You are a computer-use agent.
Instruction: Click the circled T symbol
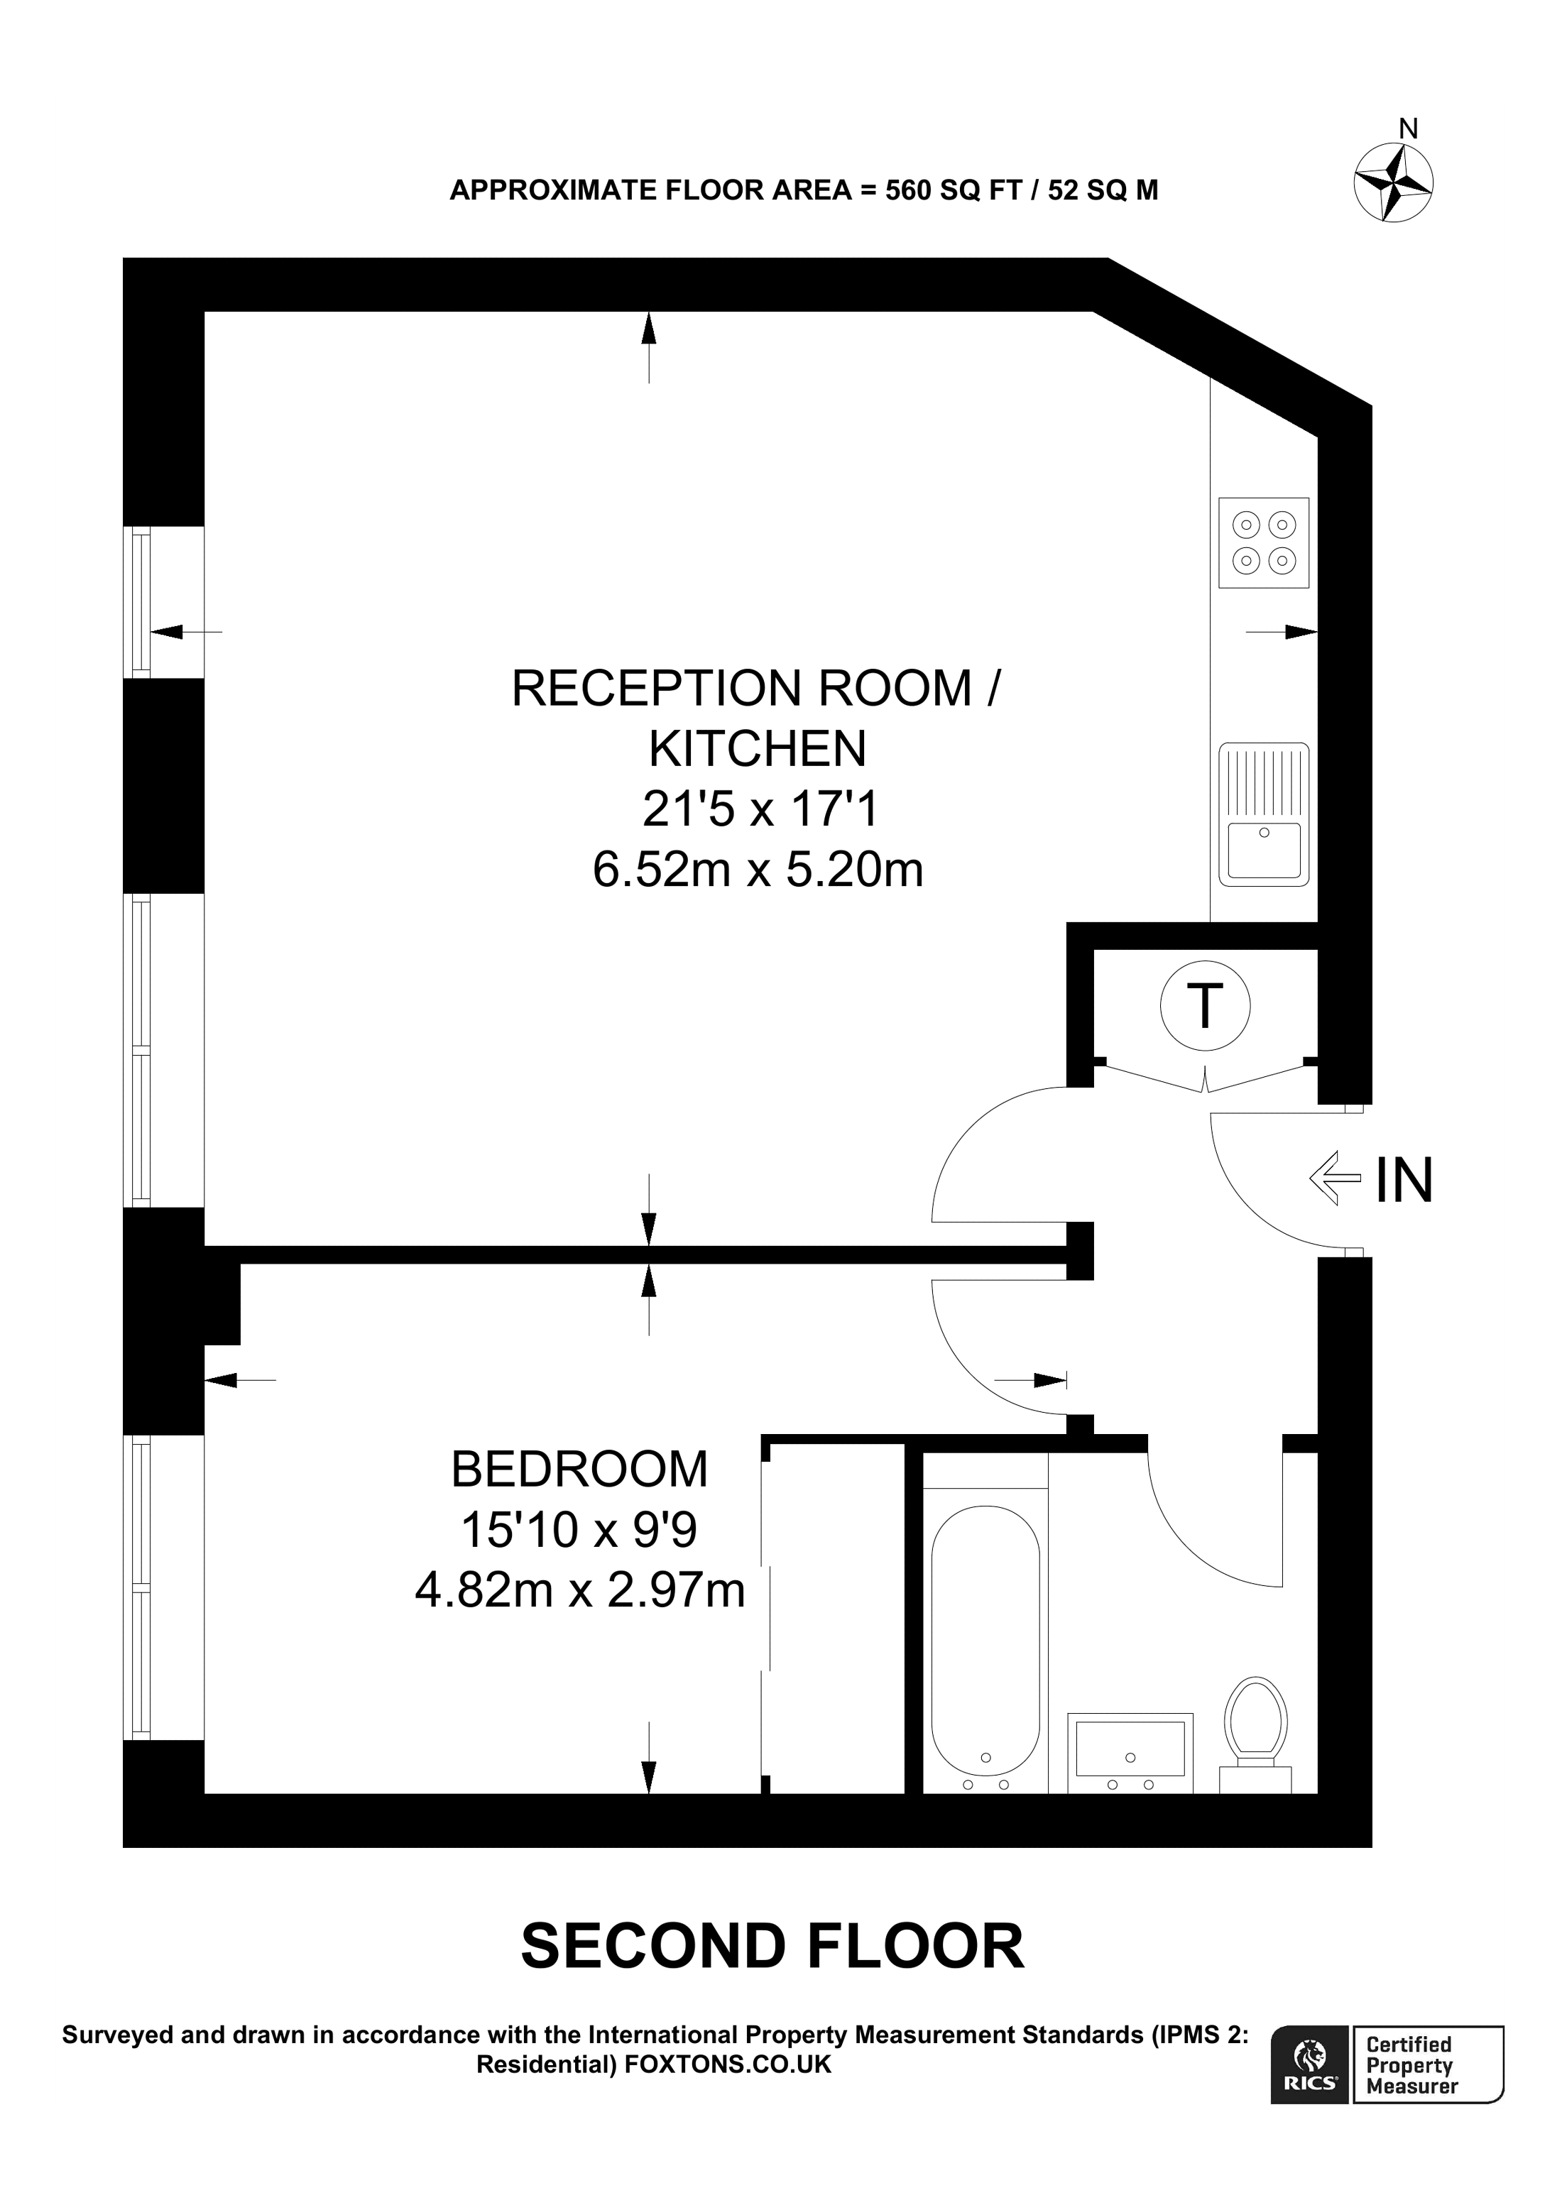point(1204,1006)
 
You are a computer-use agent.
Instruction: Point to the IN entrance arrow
point(1334,1178)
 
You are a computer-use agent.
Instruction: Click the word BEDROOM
point(579,1470)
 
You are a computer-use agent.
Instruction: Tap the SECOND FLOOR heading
point(772,1947)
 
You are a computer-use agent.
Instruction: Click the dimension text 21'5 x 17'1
point(760,809)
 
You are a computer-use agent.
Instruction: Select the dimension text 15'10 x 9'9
point(579,1531)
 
